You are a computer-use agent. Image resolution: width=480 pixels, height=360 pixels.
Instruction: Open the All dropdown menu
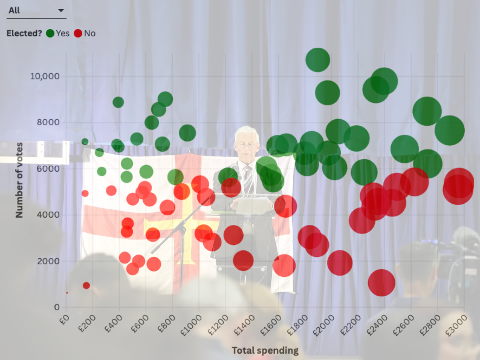[x=36, y=11]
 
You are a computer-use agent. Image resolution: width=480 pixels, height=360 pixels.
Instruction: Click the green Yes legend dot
[x=50, y=34]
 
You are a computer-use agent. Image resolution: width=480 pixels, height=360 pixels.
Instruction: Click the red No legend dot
[x=78, y=34]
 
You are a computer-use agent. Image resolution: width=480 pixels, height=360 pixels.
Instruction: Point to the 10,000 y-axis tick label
[x=45, y=76]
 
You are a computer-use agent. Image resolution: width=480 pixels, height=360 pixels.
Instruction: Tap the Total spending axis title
[x=265, y=351]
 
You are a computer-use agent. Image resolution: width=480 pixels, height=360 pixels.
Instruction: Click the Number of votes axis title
[x=19, y=180]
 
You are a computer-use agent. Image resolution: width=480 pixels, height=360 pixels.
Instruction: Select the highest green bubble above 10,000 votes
[x=318, y=60]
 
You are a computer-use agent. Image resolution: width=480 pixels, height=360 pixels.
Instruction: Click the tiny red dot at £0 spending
[x=67, y=293]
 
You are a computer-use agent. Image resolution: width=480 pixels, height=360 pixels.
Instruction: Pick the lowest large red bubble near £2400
[x=382, y=282]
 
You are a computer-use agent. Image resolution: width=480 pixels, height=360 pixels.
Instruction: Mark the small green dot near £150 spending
[x=85, y=142]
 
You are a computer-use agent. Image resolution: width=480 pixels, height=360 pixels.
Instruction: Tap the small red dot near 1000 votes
[x=86, y=286]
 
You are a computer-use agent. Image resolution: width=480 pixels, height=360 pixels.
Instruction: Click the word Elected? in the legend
[x=24, y=34]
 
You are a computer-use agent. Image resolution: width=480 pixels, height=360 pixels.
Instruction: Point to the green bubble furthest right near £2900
[x=449, y=130]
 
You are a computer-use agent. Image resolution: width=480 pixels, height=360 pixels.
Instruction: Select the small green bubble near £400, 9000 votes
[x=118, y=102]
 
